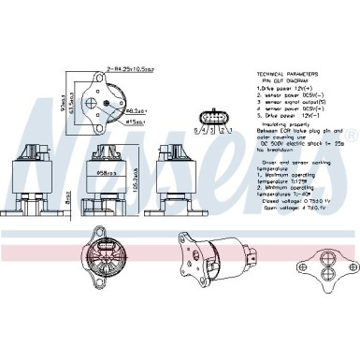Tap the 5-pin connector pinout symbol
pos(215,121)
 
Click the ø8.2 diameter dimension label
pos(135,109)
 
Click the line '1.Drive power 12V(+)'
pos(285,90)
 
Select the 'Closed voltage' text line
pos(299,199)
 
